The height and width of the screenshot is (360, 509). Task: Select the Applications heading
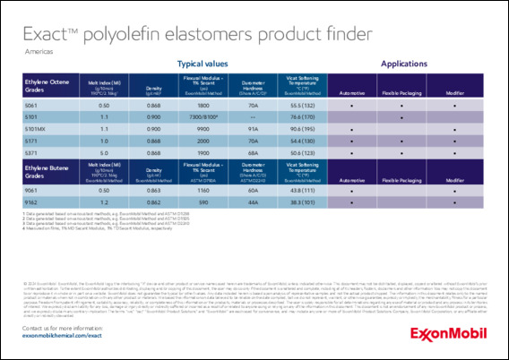coord(403,64)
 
